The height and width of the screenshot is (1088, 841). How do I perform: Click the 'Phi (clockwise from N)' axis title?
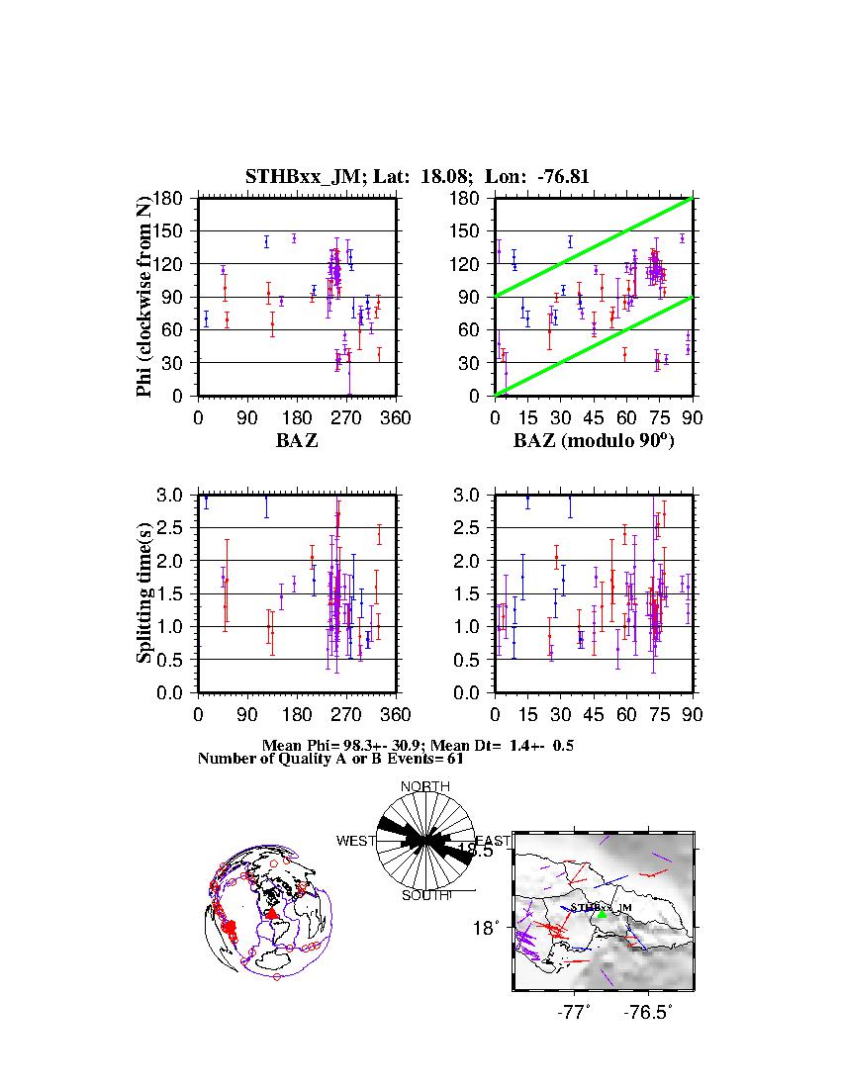click(144, 297)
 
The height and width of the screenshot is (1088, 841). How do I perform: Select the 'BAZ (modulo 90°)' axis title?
click(594, 441)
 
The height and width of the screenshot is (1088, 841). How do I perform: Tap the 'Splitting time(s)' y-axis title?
click(144, 593)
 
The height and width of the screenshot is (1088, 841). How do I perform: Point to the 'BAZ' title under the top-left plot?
click(297, 441)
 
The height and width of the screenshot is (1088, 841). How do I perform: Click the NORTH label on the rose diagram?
click(425, 786)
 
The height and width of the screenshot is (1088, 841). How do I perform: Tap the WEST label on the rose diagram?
click(356, 842)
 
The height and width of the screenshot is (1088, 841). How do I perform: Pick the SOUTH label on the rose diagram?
click(425, 895)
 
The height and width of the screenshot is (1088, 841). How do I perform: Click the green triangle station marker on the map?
click(602, 915)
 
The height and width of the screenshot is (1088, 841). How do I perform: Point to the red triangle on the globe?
click(272, 914)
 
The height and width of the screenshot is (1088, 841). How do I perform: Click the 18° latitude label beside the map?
click(490, 928)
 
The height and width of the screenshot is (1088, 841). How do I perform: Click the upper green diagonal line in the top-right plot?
click(594, 247)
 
